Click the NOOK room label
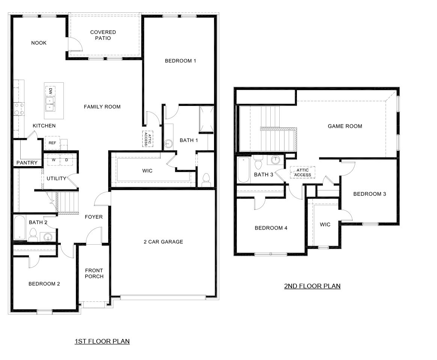pos(39,43)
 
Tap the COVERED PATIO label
pos(103,35)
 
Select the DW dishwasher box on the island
pos(50,91)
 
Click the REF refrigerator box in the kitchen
pos(52,143)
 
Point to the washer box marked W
pos(54,160)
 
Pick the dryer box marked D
pos(66,160)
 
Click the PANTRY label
pos(27,163)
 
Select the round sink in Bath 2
pos(47,237)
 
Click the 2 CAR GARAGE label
pos(163,242)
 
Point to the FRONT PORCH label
pos(94,273)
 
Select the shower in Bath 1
pos(207,119)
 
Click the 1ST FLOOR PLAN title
pos(102,341)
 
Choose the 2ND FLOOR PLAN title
pos(312,286)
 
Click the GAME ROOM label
pos(345,126)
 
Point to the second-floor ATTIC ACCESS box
pos(303,172)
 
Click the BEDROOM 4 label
pos(271,228)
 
